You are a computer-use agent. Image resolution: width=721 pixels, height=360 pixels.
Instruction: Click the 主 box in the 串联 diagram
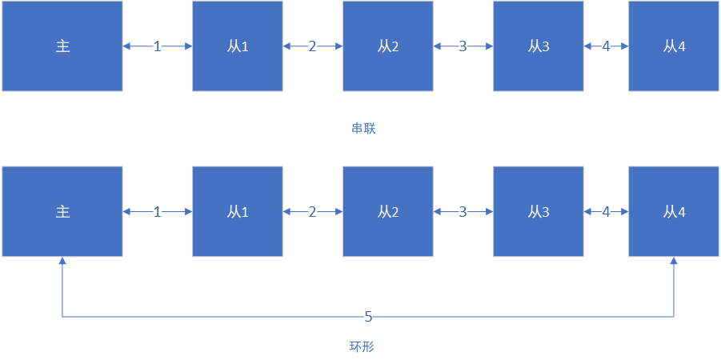62,46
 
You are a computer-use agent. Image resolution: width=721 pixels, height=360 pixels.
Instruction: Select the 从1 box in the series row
238,46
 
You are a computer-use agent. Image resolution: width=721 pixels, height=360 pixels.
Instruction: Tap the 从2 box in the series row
387,46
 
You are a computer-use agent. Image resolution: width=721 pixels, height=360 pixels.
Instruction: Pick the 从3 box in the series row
539,46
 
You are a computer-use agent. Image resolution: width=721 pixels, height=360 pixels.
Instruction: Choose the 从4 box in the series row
674,46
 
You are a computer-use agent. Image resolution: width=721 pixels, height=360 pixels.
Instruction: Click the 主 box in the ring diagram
62,211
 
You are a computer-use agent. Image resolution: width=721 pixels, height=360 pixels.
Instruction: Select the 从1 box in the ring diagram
238,211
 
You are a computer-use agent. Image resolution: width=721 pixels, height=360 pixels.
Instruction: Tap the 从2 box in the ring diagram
387,211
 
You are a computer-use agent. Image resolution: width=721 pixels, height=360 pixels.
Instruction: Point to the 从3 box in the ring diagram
539,211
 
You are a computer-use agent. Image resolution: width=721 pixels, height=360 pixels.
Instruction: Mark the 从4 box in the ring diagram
674,211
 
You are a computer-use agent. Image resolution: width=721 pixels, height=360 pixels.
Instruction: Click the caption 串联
363,129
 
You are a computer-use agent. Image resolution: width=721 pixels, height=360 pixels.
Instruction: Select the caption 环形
362,346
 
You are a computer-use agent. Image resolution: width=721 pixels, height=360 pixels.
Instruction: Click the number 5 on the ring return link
368,317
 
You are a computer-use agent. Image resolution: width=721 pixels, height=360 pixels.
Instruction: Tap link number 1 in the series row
158,46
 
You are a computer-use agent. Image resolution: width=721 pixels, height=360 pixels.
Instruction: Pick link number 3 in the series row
463,46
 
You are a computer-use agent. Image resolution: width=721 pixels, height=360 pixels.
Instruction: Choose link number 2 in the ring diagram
312,211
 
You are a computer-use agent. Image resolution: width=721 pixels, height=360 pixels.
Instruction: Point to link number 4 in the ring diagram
606,211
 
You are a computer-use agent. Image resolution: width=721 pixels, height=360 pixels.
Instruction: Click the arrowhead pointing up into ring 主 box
62,261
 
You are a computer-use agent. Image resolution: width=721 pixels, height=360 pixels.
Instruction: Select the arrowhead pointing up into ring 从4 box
674,261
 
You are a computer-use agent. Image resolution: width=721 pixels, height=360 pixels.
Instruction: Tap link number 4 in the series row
606,46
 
